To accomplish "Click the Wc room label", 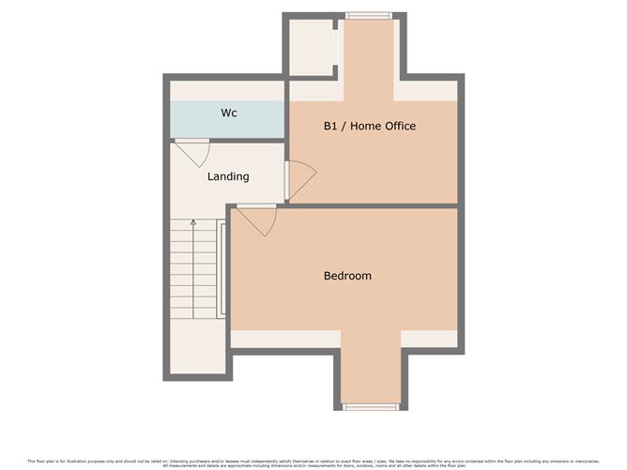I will pyautogui.click(x=228, y=114).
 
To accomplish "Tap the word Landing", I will pyautogui.click(x=228, y=176).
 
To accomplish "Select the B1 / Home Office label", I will pyautogui.click(x=369, y=126).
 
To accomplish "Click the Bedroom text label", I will pyautogui.click(x=347, y=276).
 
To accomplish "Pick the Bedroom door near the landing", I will pyautogui.click(x=256, y=221).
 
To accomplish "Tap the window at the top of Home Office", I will pyautogui.click(x=368, y=15).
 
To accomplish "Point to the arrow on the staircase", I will pyautogui.click(x=193, y=225).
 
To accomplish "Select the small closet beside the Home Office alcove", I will pyautogui.click(x=310, y=47).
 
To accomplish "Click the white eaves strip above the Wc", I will pyautogui.click(x=227, y=91).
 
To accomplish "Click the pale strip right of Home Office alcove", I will pyautogui.click(x=428, y=91).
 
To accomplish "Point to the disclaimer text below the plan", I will pyautogui.click(x=313, y=462).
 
